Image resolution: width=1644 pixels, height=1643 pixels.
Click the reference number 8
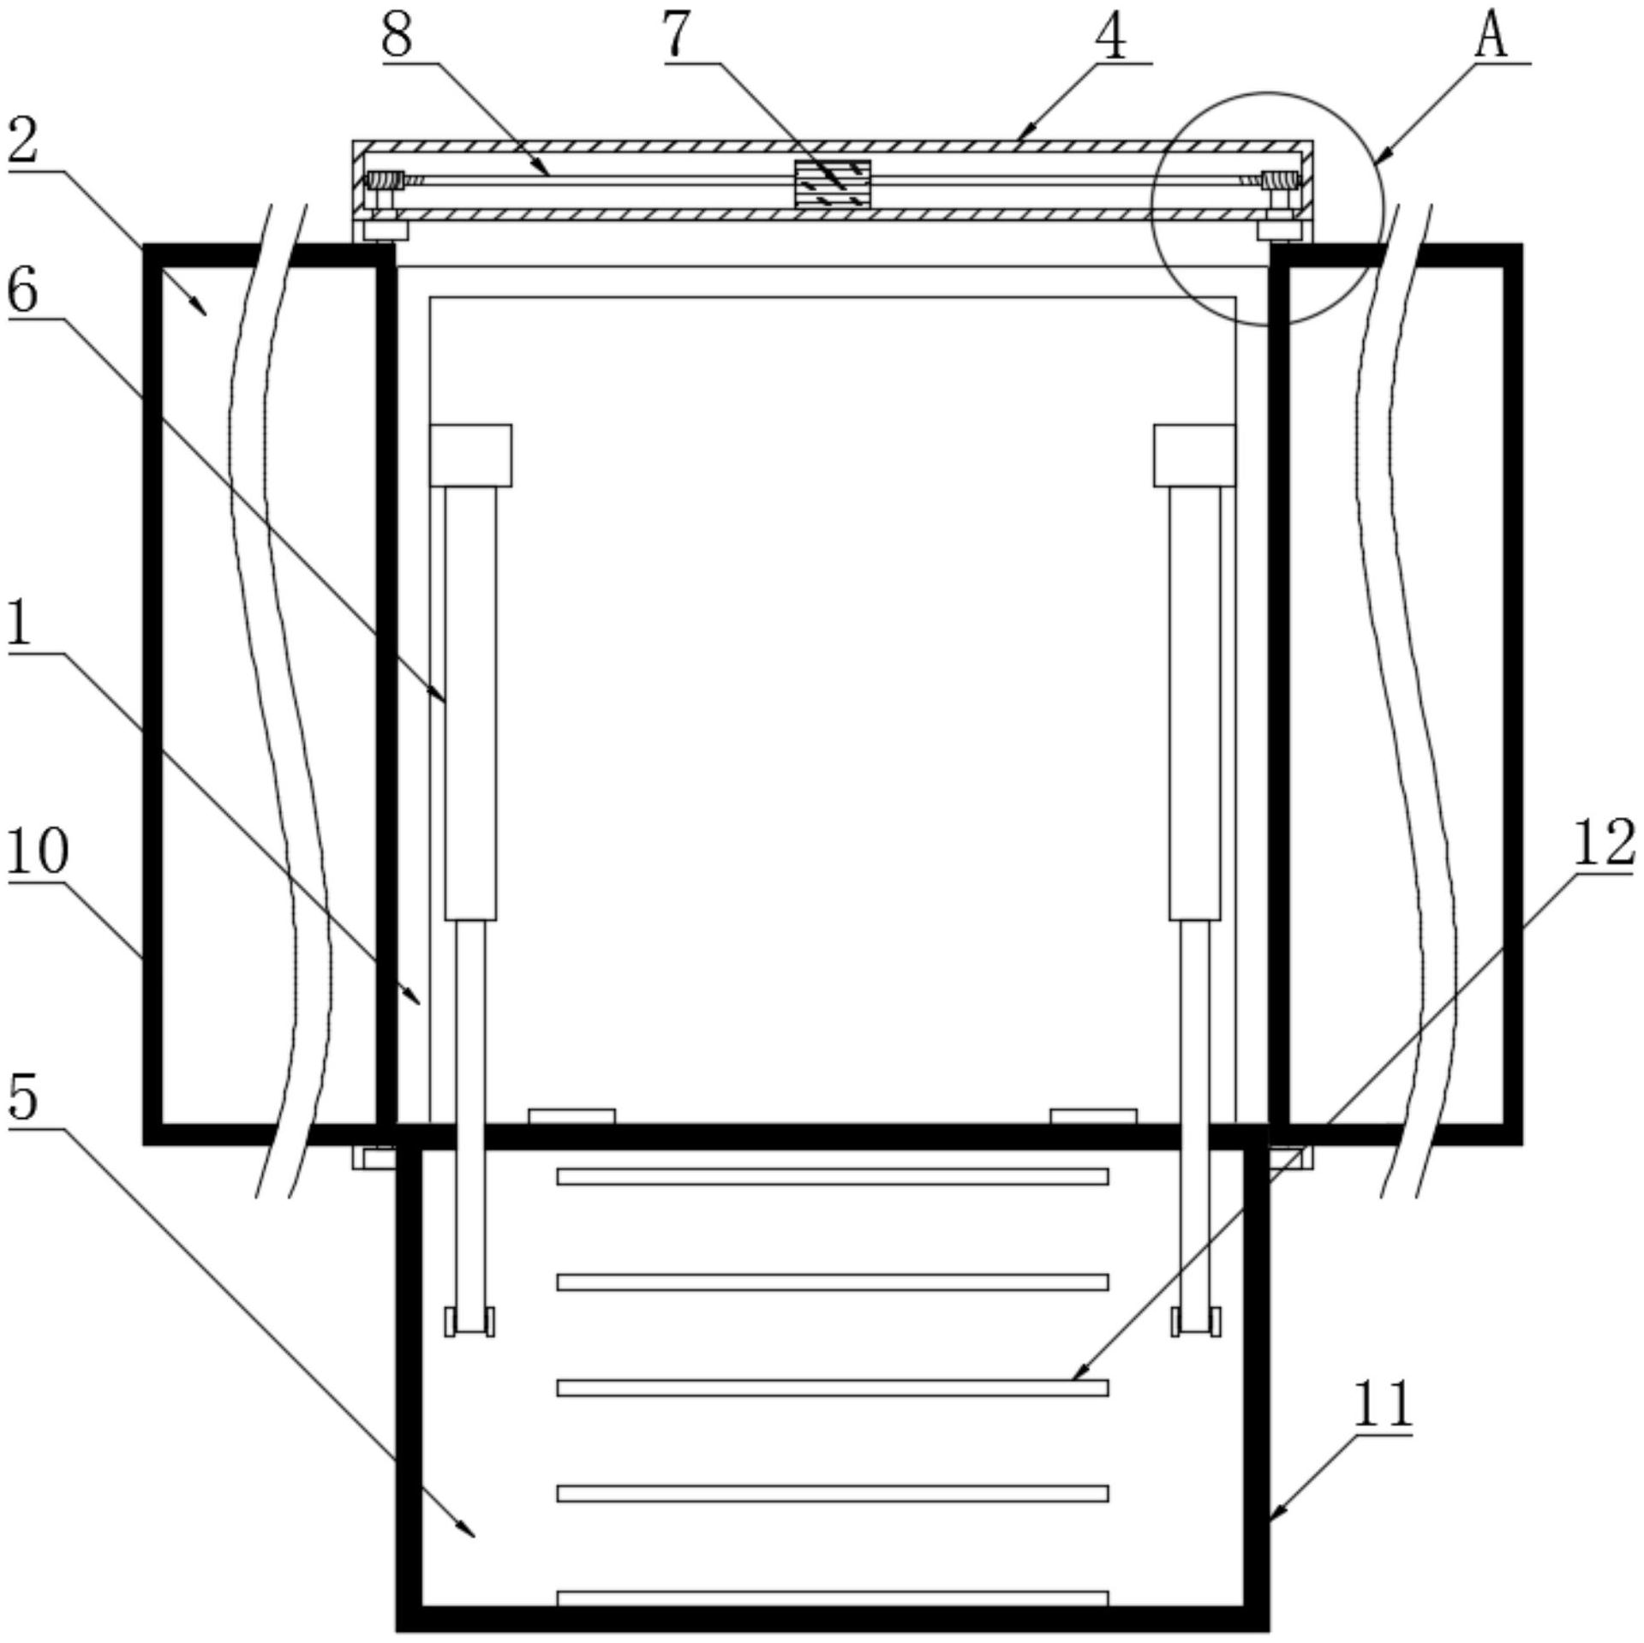(x=397, y=36)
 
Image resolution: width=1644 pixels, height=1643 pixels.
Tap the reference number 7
(x=676, y=36)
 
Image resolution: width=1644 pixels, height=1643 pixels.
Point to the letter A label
(x=1492, y=37)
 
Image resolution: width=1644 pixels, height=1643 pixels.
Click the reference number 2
(x=23, y=142)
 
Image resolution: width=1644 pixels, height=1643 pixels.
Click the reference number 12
(x=1604, y=842)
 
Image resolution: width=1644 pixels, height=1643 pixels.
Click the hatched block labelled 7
(x=833, y=183)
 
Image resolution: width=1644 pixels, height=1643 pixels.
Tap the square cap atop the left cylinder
(x=470, y=455)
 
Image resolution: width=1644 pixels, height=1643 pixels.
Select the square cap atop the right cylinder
(x=1194, y=455)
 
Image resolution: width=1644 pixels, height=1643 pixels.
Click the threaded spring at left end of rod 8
(x=385, y=181)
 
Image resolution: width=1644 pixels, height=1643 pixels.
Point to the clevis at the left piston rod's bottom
(x=469, y=1321)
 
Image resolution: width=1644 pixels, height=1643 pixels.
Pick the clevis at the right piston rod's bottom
(x=1196, y=1321)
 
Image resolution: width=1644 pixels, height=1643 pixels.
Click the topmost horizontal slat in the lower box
(x=833, y=1177)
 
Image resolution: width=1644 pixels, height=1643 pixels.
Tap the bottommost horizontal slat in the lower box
(x=833, y=1598)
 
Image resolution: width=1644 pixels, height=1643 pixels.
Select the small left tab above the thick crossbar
(x=571, y=1116)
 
